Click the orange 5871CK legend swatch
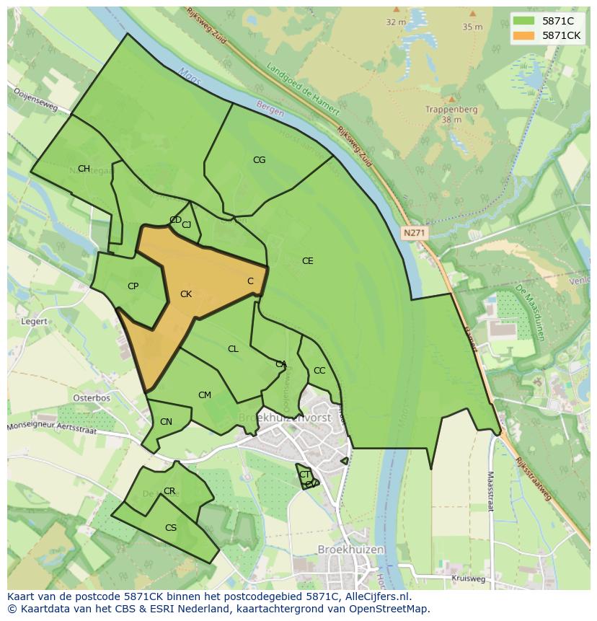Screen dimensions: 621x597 coord(523,35)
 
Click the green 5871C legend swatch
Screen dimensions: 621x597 coord(523,21)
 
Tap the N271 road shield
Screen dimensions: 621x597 coord(414,233)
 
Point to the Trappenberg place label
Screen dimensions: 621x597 coord(451,110)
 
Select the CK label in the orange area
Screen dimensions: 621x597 coord(186,294)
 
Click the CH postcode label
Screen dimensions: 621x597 coord(84,169)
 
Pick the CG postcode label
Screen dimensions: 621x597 coord(259,160)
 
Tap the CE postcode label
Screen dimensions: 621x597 coord(308,261)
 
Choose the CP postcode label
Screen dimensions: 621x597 coord(133,286)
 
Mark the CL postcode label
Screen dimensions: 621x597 coord(233,349)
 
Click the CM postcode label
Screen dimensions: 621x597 coord(205,395)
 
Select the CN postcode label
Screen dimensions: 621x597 coord(166,422)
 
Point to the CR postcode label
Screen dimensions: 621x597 coord(169,491)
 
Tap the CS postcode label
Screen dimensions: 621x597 coord(171,528)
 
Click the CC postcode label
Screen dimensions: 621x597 coord(319,371)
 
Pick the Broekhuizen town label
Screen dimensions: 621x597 coord(351,550)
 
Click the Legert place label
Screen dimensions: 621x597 coord(35,322)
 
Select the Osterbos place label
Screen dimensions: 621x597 coord(92,398)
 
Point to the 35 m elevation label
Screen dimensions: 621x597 coord(472,27)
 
